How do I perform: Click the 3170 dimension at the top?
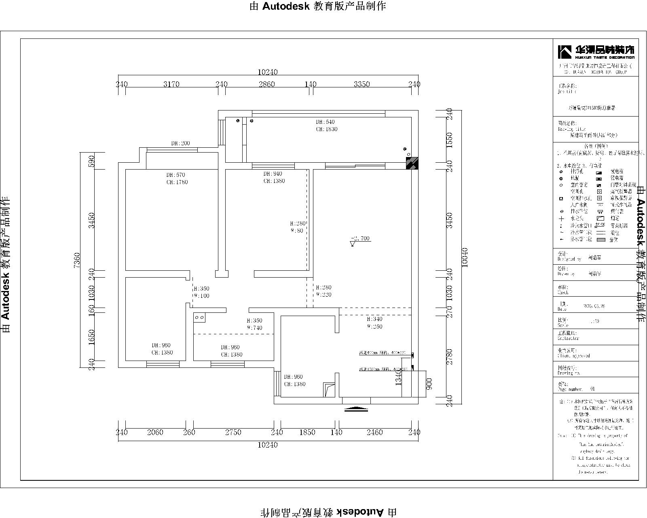171,84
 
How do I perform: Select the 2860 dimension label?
266,84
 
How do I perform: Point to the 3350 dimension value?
362,84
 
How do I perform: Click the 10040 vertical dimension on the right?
465,257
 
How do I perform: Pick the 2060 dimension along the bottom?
155,432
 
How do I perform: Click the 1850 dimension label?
307,432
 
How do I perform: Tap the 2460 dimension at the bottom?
374,432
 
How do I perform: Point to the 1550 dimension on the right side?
449,140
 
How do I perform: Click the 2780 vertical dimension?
449,356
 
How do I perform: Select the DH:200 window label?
180,143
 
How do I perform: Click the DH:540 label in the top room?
325,122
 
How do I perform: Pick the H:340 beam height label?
374,319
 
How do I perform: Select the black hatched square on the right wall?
412,163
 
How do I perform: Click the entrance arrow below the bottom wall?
356,409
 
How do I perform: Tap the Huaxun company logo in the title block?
596,51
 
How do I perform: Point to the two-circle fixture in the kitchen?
199,318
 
